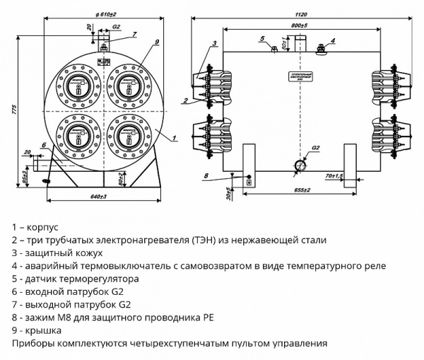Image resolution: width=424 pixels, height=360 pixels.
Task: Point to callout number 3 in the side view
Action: click(213, 45)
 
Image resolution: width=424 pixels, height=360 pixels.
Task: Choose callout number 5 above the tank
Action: click(261, 38)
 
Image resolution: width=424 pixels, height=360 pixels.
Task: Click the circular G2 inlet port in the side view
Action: click(300, 164)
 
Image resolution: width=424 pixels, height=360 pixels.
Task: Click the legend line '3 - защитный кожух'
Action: click(57, 252)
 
